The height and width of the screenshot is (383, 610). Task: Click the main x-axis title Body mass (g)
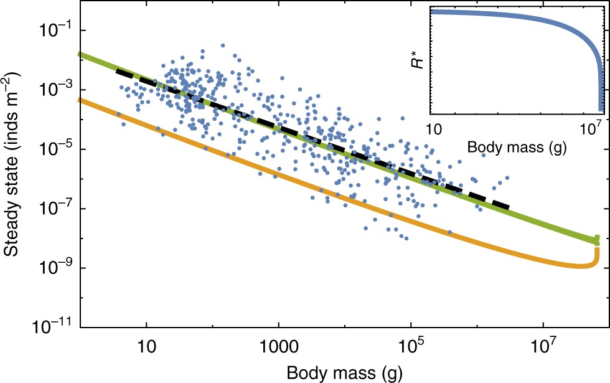[x=344, y=372]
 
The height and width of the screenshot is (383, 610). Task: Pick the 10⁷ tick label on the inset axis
[x=592, y=128]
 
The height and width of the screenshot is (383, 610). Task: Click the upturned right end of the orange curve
[x=597, y=253]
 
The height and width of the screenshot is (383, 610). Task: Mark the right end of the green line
[x=596, y=240]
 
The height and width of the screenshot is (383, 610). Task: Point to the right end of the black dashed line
[x=509, y=207]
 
